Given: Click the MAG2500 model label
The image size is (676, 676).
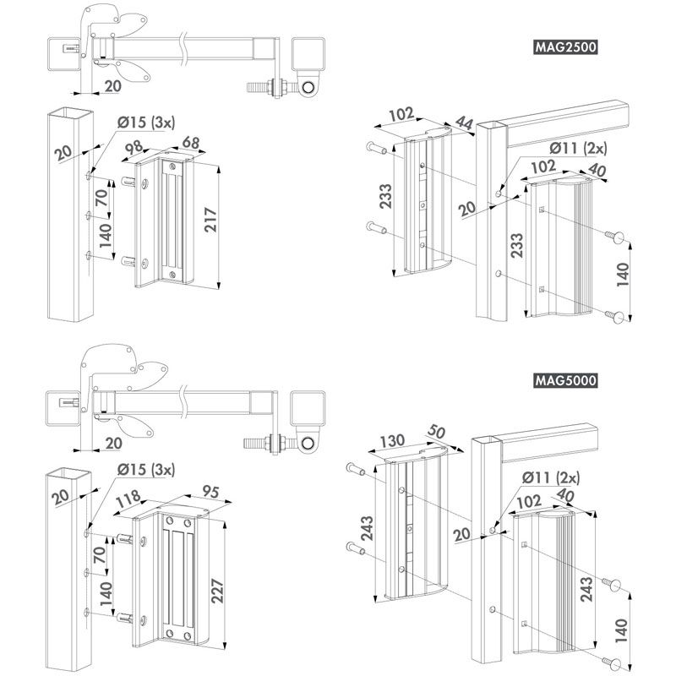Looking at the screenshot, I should tap(565, 48).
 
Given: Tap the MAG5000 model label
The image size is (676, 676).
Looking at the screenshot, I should tap(565, 380).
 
